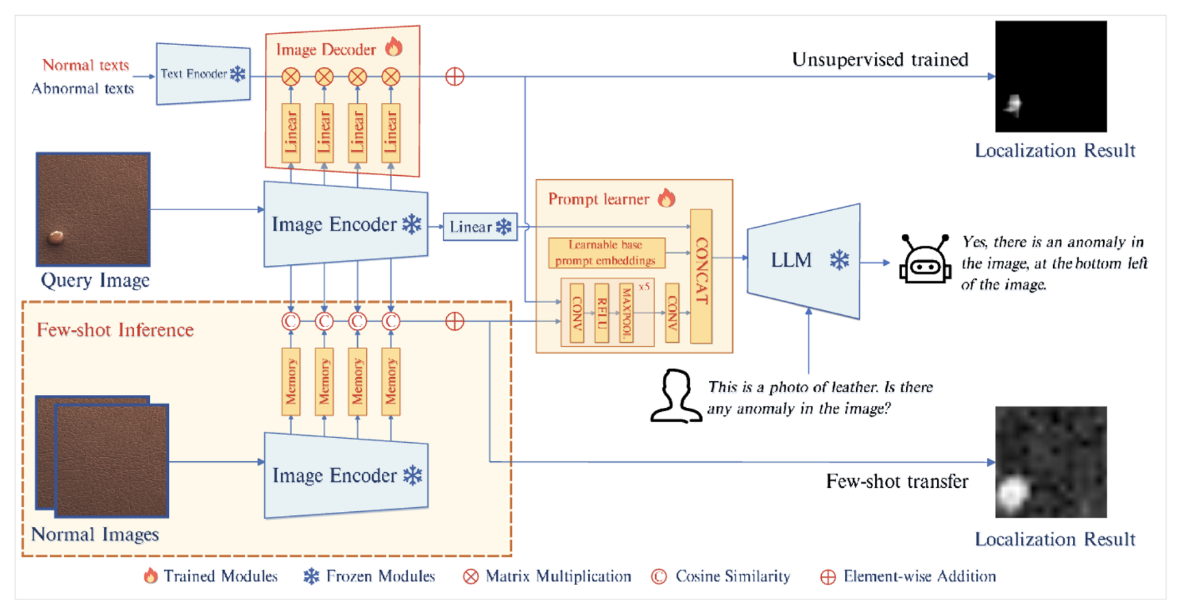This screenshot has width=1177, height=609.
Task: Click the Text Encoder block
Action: (x=203, y=74)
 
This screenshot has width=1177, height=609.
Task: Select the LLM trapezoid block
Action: (x=803, y=261)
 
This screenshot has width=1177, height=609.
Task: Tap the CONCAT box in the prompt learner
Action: (x=701, y=276)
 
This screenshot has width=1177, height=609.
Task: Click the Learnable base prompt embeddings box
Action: (x=606, y=252)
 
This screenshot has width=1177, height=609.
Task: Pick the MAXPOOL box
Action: (x=626, y=313)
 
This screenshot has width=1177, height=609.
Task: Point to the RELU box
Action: (x=602, y=313)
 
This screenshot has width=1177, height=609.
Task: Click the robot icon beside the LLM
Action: (x=925, y=259)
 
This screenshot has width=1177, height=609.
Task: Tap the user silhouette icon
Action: (x=676, y=396)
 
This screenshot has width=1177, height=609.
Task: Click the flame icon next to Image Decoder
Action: (x=393, y=47)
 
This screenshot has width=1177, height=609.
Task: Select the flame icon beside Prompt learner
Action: (x=667, y=198)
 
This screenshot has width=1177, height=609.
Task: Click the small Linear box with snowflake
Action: (x=480, y=227)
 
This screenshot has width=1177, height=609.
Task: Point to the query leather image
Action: (x=93, y=209)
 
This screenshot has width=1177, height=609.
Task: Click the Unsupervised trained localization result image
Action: (x=1051, y=77)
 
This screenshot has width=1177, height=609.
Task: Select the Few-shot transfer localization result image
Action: (x=1051, y=462)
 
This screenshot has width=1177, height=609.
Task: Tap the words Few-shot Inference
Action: (x=115, y=330)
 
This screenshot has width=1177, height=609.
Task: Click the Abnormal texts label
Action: (x=83, y=88)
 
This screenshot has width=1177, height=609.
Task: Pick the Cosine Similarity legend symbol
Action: (x=659, y=577)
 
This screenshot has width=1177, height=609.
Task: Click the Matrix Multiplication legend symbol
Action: (x=471, y=577)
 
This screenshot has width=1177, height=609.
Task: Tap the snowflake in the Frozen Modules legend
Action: (x=311, y=577)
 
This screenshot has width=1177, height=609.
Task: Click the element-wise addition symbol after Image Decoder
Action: (x=455, y=77)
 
